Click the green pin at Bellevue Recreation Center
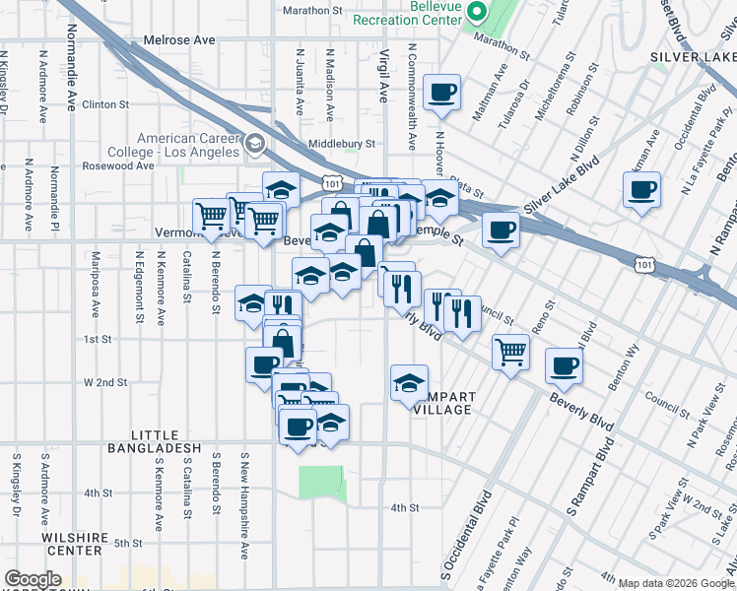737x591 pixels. (477, 13)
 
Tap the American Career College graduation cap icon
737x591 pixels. (256, 146)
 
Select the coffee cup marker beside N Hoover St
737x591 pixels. (441, 93)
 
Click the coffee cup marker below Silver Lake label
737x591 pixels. (641, 188)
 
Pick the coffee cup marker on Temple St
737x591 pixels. (501, 230)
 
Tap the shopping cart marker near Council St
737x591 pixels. (510, 350)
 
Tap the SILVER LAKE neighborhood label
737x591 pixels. (692, 58)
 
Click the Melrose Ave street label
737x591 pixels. (179, 40)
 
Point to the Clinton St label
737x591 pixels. (106, 103)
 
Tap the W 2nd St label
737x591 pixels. (105, 381)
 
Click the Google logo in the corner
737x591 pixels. (33, 580)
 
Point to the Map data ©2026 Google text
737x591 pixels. (676, 583)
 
